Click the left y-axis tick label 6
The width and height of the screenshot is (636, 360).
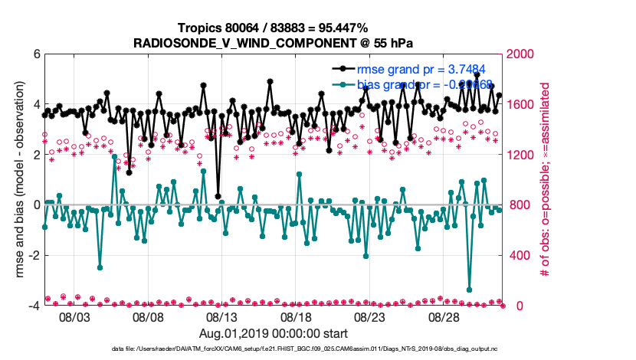tap(35, 54)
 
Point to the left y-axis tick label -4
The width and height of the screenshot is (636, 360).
tap(33, 306)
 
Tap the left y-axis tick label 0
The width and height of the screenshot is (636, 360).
tap(35, 205)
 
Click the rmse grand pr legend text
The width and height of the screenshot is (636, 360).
tap(415, 69)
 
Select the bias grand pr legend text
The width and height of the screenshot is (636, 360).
tap(415, 83)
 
